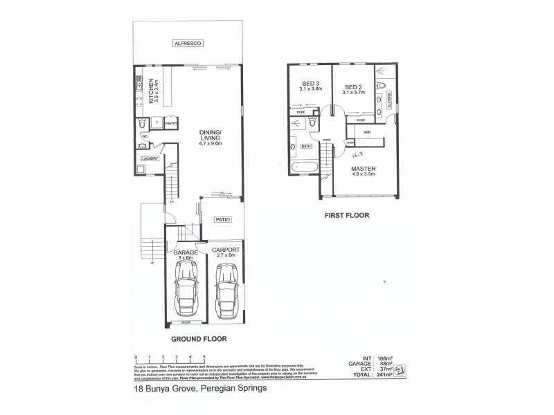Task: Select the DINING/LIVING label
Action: [x=209, y=136]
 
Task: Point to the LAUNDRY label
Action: [x=150, y=159]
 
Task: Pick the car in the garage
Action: [x=185, y=290]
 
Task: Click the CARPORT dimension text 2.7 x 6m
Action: [x=226, y=255]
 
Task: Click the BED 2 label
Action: [x=354, y=86]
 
